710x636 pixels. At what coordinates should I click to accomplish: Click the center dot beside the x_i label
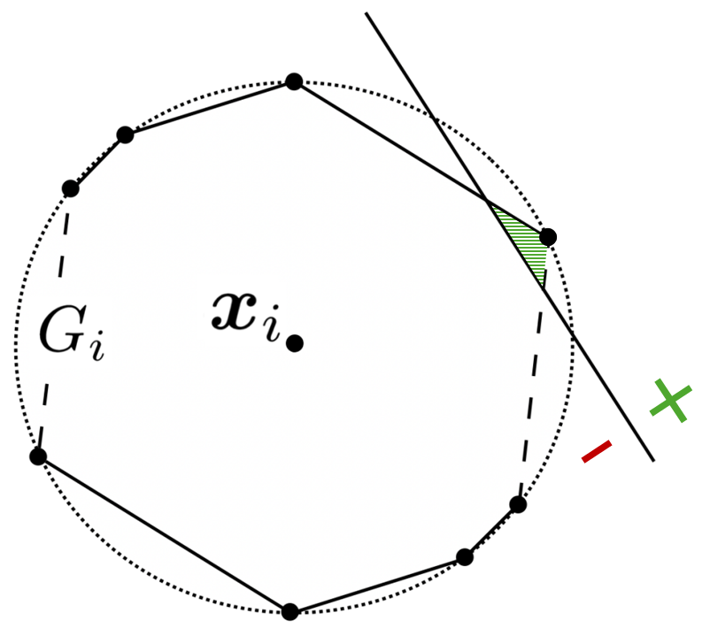tap(296, 342)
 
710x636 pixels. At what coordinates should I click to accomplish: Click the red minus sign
tap(597, 453)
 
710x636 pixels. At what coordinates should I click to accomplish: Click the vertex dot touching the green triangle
tap(548, 236)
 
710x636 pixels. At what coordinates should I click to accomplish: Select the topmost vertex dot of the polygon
tap(294, 81)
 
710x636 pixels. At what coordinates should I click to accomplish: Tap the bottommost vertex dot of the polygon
tap(289, 610)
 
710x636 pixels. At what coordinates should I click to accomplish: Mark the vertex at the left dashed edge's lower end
tap(37, 456)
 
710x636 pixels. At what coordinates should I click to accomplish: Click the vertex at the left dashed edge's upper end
tap(71, 188)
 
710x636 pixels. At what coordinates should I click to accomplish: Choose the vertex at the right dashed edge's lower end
tap(518, 504)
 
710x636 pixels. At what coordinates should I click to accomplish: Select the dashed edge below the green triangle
tap(533, 380)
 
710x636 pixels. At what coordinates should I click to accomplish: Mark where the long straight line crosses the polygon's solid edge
tap(488, 203)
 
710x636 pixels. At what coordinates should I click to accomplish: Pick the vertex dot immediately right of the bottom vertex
tap(464, 556)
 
